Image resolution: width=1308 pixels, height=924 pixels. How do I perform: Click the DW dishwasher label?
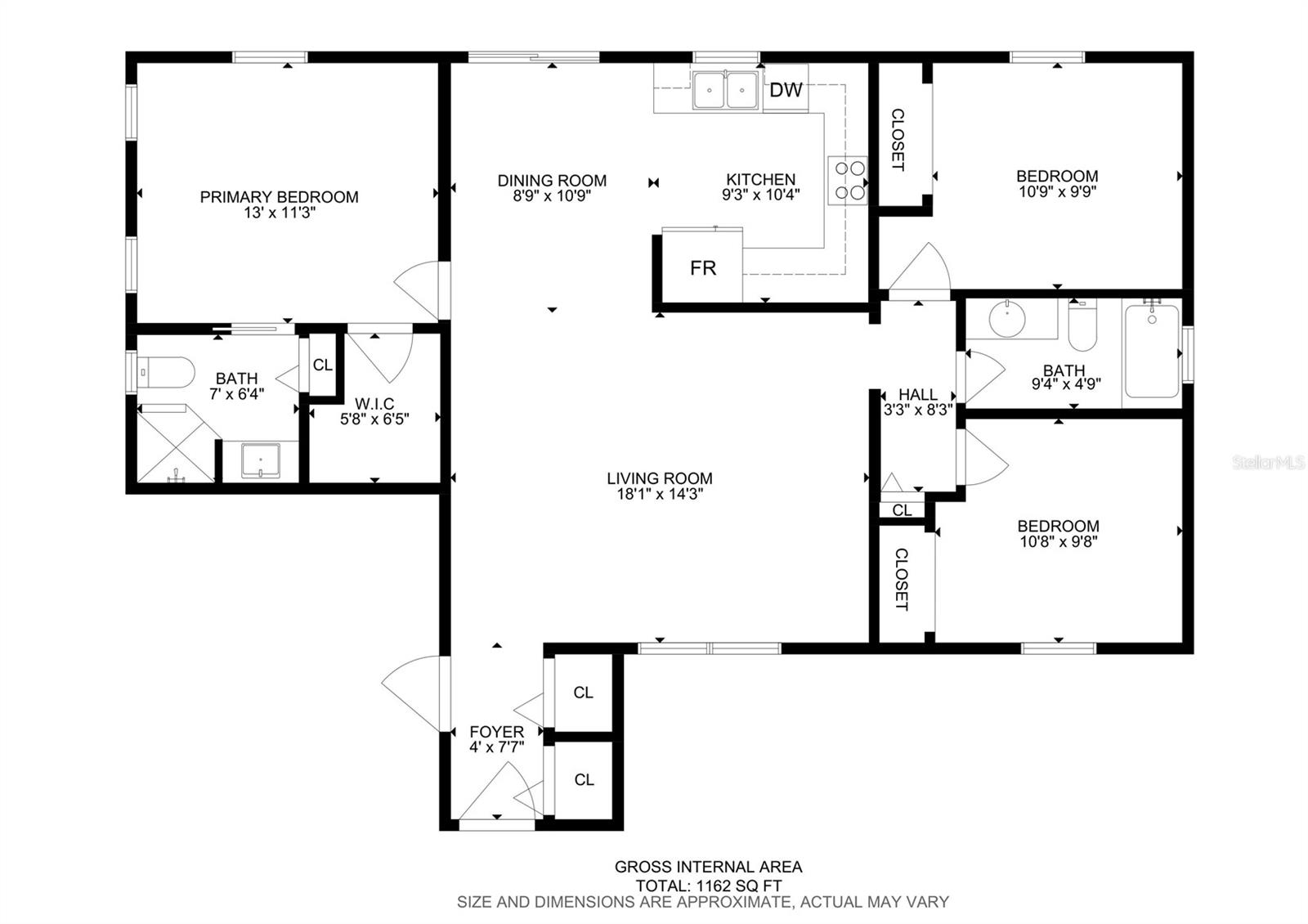[786, 90]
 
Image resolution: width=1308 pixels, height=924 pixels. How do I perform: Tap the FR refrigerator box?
[702, 268]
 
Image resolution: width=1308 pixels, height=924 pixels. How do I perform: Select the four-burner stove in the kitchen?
[847, 180]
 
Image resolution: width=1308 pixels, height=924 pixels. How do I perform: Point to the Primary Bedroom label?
[279, 197]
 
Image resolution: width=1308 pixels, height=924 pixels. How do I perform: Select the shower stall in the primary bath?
[174, 446]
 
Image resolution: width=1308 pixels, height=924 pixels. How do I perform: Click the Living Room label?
[659, 479]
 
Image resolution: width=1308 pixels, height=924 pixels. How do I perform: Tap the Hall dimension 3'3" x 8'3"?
[917, 410]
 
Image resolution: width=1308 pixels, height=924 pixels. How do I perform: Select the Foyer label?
[496, 731]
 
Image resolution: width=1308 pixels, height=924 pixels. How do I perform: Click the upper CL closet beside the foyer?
[583, 693]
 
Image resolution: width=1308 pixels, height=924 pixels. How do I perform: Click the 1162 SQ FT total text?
[738, 886]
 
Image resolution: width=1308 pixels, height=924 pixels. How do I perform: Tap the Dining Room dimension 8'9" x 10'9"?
[552, 196]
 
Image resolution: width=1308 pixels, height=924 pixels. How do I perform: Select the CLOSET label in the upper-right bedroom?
[897, 140]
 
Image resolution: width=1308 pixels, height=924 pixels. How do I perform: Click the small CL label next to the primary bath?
[322, 365]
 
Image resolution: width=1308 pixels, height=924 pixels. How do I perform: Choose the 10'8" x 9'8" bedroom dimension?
[1058, 541]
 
